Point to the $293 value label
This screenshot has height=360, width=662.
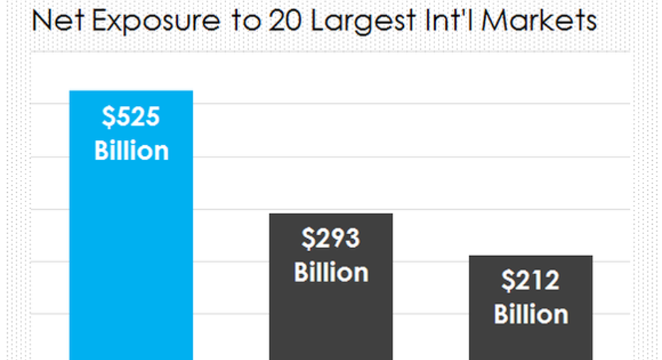[331, 239]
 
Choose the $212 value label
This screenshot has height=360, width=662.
[530, 281]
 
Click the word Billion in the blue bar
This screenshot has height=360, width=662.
[131, 151]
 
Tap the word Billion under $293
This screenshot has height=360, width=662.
[331, 272]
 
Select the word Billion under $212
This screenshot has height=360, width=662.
[530, 314]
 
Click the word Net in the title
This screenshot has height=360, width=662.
[55, 21]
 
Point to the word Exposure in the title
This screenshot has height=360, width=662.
[146, 22]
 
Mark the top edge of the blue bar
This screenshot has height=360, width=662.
[131, 91]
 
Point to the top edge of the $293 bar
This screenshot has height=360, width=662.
[331, 214]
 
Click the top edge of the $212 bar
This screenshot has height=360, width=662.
[530, 256]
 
